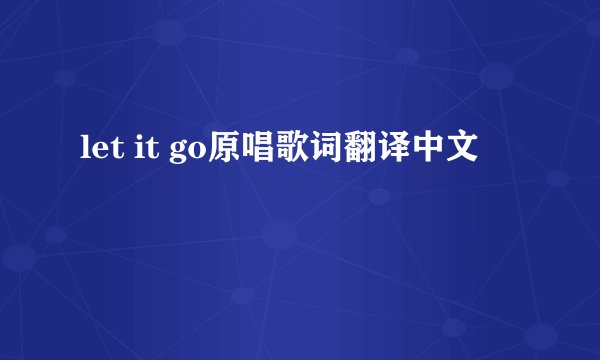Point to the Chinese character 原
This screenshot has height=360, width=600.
coord(225,153)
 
